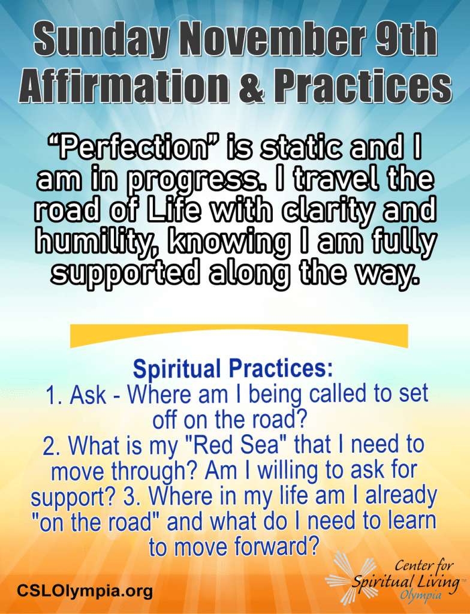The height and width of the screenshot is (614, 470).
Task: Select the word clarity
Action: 327,212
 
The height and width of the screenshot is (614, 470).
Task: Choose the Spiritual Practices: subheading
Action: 233,369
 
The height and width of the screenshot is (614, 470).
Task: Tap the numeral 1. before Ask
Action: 54,395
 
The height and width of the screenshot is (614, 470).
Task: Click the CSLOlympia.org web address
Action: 85,590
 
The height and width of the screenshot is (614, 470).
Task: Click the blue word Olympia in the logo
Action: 421,595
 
